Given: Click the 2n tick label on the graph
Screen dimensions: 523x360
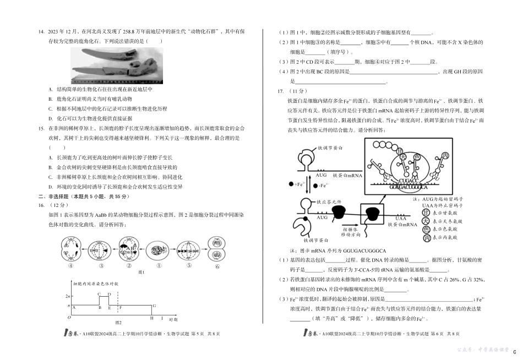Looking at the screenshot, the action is (68, 297).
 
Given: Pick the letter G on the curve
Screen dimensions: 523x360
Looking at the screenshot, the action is (154, 305).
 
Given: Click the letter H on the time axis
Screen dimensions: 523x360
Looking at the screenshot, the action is (151, 318).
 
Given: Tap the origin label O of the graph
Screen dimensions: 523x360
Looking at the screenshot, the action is (69, 318).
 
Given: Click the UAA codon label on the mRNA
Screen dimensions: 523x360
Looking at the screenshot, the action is (400, 218).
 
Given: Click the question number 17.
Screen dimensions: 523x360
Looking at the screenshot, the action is (282, 91).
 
